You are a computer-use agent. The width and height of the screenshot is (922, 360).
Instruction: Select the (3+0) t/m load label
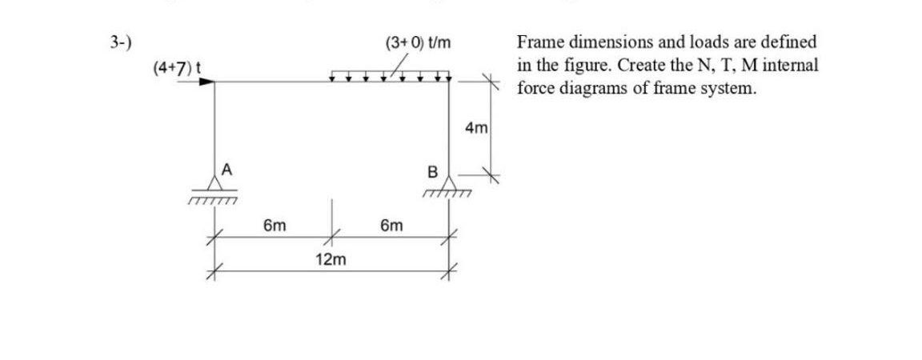coord(418,43)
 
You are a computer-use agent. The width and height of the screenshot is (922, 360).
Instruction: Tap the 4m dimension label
coord(475,128)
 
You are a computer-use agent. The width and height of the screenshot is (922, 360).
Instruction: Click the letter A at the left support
coord(226,169)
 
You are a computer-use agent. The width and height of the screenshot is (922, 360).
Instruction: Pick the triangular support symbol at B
coord(449,183)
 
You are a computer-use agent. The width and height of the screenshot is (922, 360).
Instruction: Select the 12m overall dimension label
coord(331,260)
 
